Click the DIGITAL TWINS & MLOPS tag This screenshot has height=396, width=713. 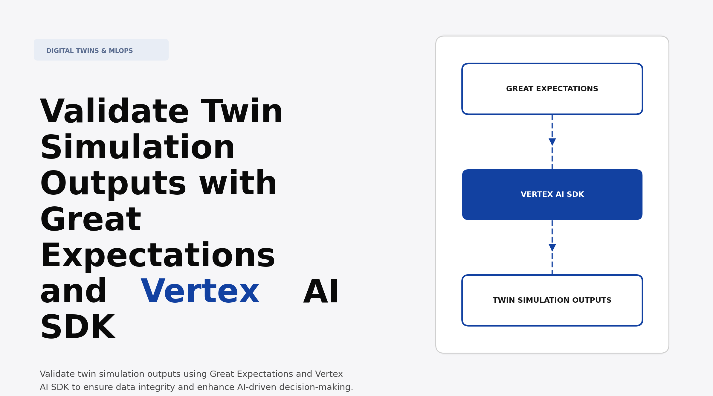[x=101, y=50]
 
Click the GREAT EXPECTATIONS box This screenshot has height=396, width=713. [x=552, y=89]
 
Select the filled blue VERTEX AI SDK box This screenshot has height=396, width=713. [x=552, y=195]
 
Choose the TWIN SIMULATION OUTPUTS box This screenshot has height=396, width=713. [x=552, y=300]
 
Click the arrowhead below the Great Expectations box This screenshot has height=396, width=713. [x=552, y=142]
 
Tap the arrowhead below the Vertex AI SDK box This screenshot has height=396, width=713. [x=552, y=247]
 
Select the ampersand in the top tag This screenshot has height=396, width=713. [x=104, y=51]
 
